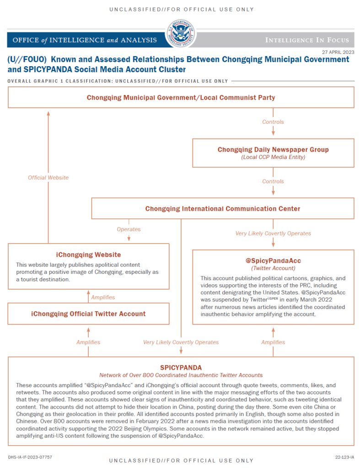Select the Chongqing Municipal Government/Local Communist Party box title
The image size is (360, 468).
181,97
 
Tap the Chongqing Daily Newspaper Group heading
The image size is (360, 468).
273,149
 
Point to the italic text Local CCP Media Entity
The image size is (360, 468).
273,157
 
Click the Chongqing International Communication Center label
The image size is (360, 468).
223,208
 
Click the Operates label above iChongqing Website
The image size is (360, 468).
129,229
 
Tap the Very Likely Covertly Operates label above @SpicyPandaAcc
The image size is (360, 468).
273,233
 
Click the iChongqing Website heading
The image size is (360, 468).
88,255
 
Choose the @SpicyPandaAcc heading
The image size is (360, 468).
273,261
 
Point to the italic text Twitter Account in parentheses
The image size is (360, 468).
273,268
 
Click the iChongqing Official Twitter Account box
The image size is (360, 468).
88,314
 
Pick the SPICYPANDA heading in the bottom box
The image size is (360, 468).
181,367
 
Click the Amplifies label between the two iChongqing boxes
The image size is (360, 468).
102,297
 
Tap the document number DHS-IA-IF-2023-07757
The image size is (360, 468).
30,457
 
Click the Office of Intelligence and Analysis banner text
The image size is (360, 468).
85,40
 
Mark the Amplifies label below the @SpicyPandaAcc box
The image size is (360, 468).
273,342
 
